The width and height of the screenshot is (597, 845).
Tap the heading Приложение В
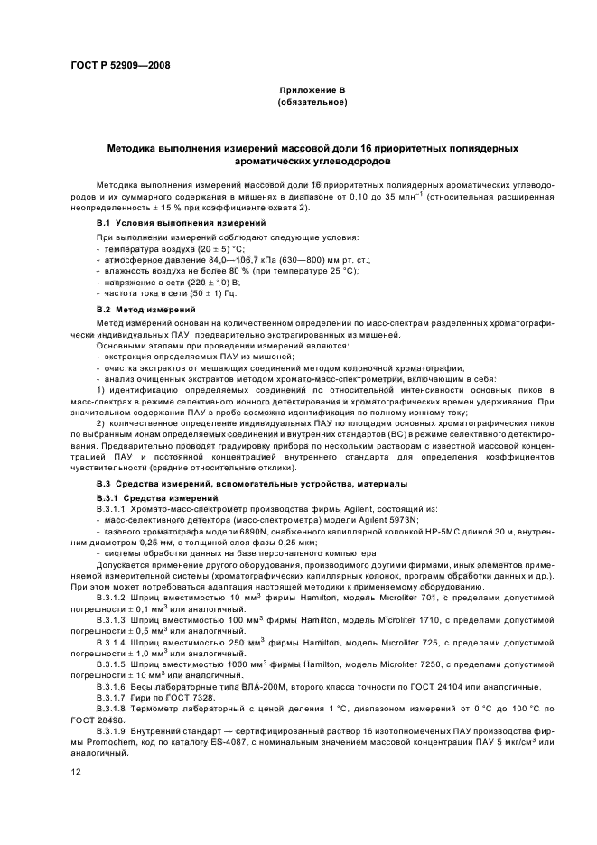tap(312, 91)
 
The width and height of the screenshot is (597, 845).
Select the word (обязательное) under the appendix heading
tap(312, 103)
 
